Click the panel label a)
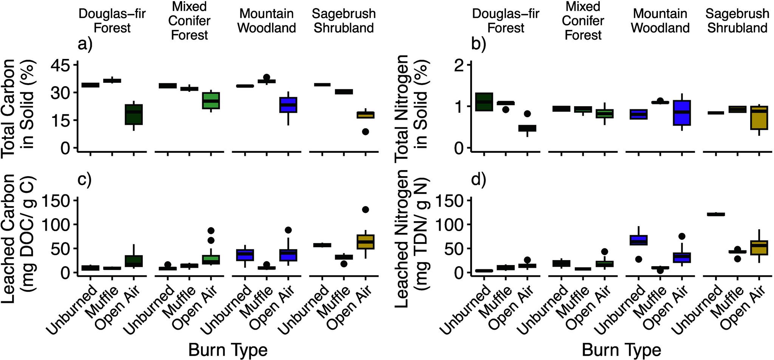[x=85, y=45]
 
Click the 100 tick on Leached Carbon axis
[x=55, y=224]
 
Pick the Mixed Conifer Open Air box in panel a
[x=211, y=101]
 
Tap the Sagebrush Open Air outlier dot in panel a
[x=365, y=132]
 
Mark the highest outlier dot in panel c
[x=365, y=209]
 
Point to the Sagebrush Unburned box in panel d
[x=716, y=214]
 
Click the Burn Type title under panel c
[x=228, y=349]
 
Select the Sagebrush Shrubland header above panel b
[x=737, y=21]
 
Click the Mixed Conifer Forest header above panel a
[x=189, y=21]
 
